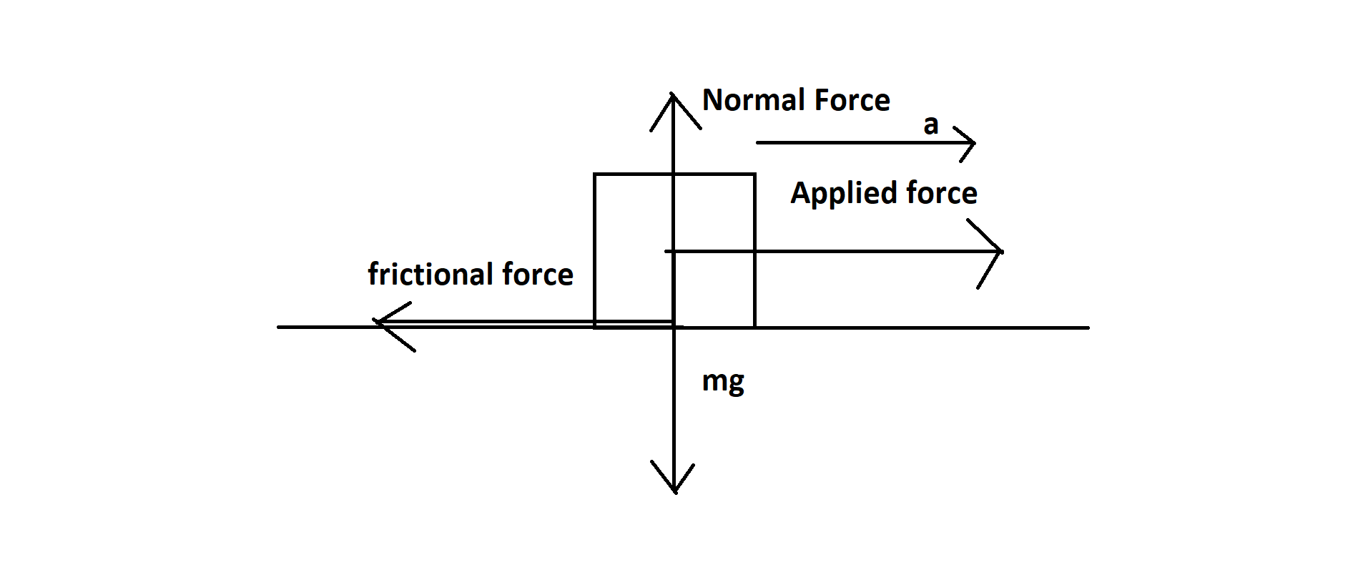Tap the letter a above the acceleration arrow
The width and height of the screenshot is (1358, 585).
[x=930, y=125]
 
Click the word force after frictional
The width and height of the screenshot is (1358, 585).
[x=538, y=275]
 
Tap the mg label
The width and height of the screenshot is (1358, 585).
[x=723, y=382]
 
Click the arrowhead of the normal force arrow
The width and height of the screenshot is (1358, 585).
[x=673, y=95]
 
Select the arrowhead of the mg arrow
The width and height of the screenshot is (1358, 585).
[x=674, y=492]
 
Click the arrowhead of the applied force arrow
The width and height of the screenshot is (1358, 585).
[x=1001, y=251]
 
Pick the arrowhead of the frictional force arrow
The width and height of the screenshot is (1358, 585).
[x=375, y=323]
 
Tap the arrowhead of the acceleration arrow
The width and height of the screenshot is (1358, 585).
[x=974, y=143]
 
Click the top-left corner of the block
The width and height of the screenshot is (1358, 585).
[x=594, y=174]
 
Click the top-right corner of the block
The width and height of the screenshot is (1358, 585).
[x=754, y=174]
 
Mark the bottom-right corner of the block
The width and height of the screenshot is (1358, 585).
[x=754, y=328]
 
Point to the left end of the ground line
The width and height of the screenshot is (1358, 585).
[x=278, y=328]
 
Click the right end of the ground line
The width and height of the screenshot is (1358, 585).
[x=1088, y=328]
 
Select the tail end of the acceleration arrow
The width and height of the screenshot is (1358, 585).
[x=757, y=143]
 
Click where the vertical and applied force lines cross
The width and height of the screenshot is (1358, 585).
[x=673, y=251]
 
